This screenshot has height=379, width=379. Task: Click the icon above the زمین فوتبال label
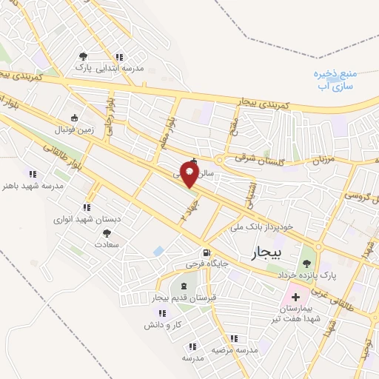pyautogui.click(x=74, y=118)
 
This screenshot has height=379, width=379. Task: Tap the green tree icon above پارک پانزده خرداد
pyautogui.click(x=306, y=261)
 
